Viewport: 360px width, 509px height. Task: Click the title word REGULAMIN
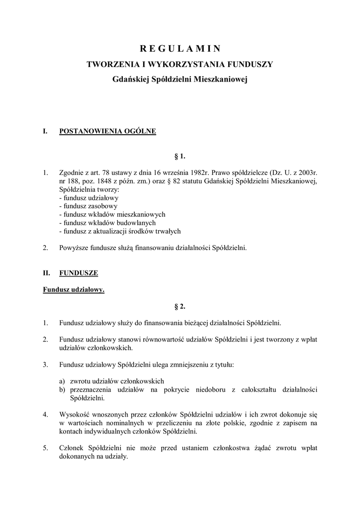tap(180, 48)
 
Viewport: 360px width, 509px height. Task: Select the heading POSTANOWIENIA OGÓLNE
tap(107, 131)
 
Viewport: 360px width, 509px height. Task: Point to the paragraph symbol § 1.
tap(180, 157)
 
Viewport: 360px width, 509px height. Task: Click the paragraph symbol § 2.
tap(180, 306)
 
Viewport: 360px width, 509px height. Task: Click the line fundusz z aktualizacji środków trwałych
tap(119, 231)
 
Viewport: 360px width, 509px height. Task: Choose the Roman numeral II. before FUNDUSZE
tap(46, 273)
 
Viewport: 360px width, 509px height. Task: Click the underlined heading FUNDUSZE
tap(79, 273)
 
